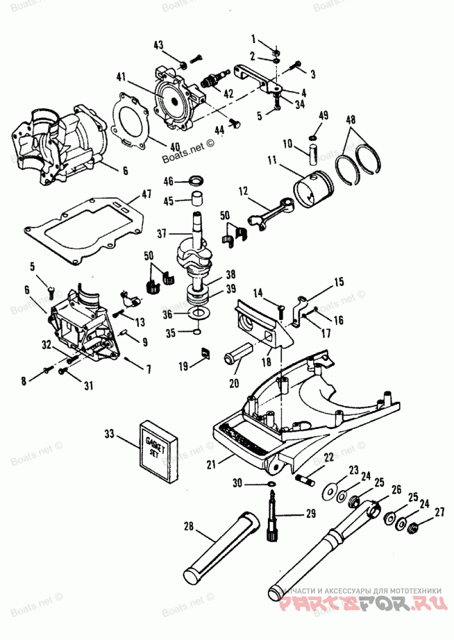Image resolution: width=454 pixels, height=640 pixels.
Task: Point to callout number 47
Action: tap(147, 194)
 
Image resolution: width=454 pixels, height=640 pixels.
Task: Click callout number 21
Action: tap(211, 465)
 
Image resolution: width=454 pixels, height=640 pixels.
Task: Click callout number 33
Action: tap(110, 435)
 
